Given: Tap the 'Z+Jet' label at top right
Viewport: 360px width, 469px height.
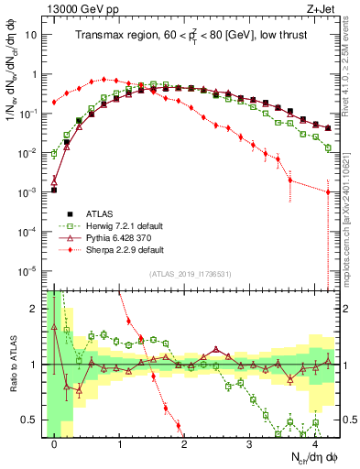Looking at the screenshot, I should click(x=321, y=8).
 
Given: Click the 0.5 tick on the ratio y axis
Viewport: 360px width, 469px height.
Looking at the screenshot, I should click(x=32, y=420).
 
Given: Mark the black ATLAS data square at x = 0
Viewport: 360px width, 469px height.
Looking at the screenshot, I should click(x=54, y=191).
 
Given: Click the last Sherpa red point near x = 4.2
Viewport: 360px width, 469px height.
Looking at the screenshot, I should click(x=328, y=191).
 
